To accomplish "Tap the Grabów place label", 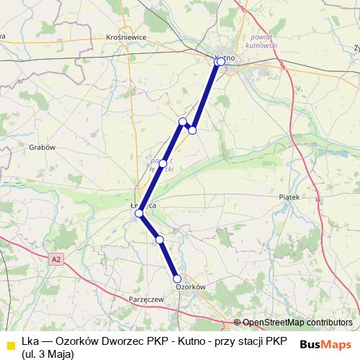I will point(42,147).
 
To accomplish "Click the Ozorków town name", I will point(191,287).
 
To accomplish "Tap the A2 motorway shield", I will point(57,258).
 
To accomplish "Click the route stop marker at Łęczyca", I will point(139,213).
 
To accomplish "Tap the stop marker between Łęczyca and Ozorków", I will point(160,239).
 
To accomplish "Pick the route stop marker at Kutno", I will point(220,62).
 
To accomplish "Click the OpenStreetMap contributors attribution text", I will point(297,323).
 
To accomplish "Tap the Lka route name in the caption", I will point(30,341).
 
